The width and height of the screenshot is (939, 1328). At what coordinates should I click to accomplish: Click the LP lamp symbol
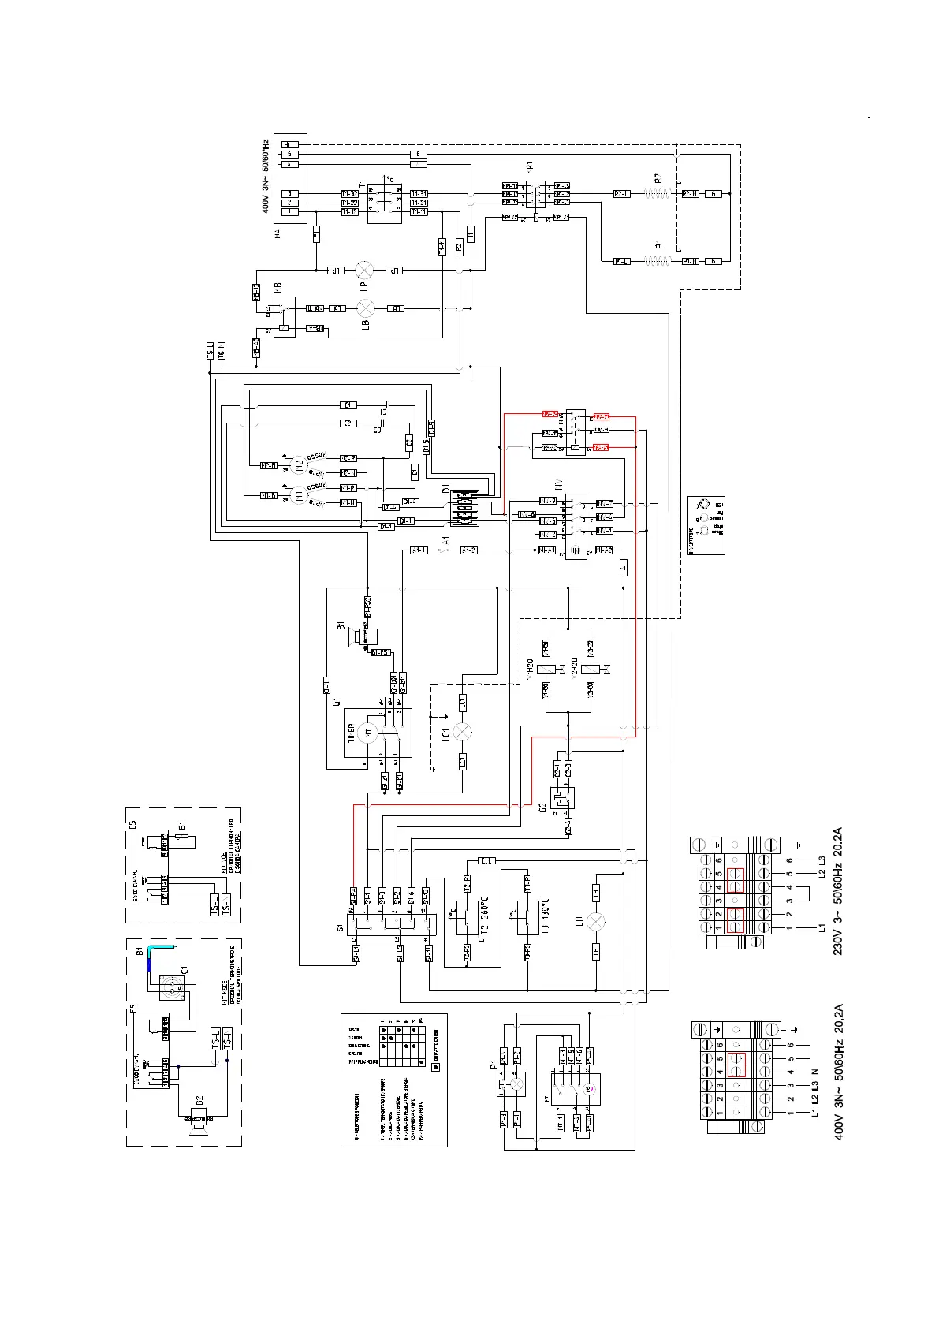pyautogui.click(x=364, y=270)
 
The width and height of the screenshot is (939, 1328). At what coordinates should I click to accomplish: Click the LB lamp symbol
pyautogui.click(x=364, y=308)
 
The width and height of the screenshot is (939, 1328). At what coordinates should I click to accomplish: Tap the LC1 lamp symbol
pyautogui.click(x=463, y=731)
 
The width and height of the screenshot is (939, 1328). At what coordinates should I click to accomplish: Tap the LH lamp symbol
pyautogui.click(x=596, y=922)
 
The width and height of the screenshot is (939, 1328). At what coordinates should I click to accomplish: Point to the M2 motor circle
pyautogui.click(x=298, y=465)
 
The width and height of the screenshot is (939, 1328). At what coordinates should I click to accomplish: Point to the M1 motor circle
pyautogui.click(x=298, y=495)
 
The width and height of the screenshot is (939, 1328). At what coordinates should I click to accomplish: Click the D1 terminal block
pyautogui.click(x=464, y=508)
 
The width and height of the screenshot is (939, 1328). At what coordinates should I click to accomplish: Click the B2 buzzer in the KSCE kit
pyautogui.click(x=196, y=1117)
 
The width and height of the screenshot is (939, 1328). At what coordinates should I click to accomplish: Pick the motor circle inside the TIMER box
pyautogui.click(x=367, y=732)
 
